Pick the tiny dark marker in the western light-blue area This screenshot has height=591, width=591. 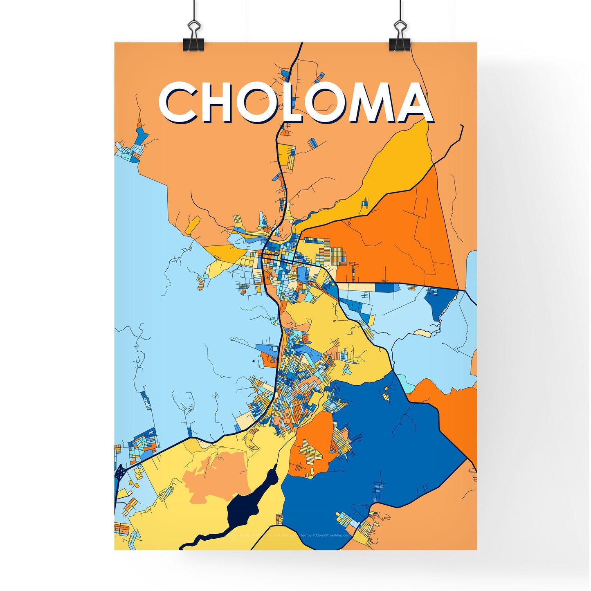pyautogui.click(x=254, y=361)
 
